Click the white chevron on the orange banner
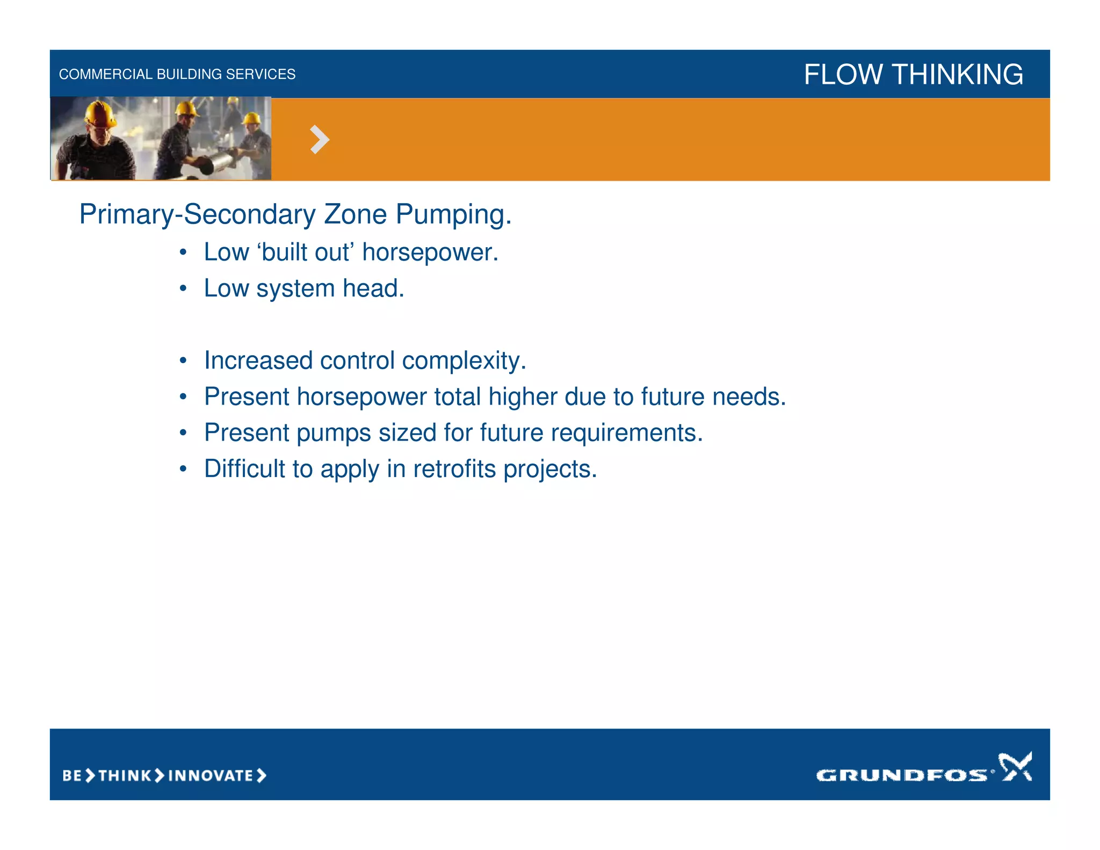tap(320, 140)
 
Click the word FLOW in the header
tap(843, 74)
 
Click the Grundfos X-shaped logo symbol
tap(1015, 766)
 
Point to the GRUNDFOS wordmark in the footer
tap(901, 775)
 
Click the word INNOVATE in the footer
tap(211, 776)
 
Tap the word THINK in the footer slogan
tap(125, 776)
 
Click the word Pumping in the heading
tap(453, 215)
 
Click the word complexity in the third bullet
tap(464, 361)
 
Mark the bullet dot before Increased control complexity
tap(183, 361)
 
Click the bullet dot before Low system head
tap(183, 289)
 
